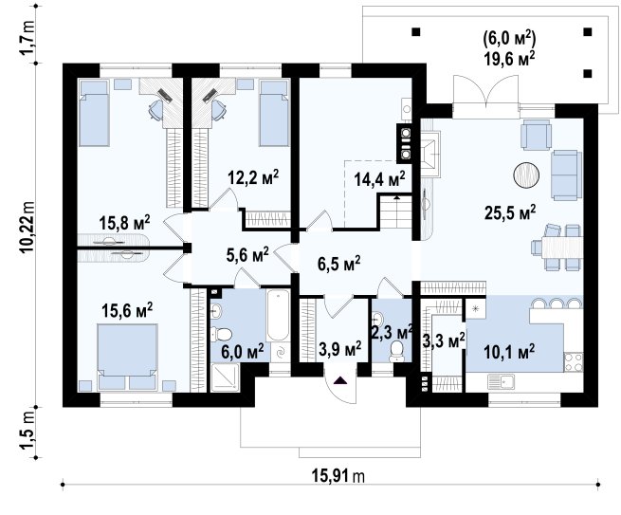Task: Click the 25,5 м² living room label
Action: pyautogui.click(x=510, y=212)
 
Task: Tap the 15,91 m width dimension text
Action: pyautogui.click(x=338, y=476)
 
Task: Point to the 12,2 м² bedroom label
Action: pyautogui.click(x=253, y=177)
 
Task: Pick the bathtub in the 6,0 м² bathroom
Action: pyautogui.click(x=278, y=316)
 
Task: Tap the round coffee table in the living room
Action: pyautogui.click(x=526, y=175)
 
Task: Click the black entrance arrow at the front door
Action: pyautogui.click(x=340, y=380)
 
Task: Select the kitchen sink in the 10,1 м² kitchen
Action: pyautogui.click(x=506, y=382)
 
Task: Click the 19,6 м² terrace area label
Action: pyautogui.click(x=509, y=59)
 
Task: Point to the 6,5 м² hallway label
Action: pyautogui.click(x=339, y=264)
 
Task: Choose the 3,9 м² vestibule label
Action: pyautogui.click(x=339, y=348)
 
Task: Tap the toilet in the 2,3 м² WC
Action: pyautogui.click(x=396, y=351)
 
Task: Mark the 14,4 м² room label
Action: pyautogui.click(x=379, y=179)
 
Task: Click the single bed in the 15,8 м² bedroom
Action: pyautogui.click(x=94, y=113)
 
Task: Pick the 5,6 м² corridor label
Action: pyautogui.click(x=247, y=255)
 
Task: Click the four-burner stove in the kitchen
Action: pyautogui.click(x=573, y=361)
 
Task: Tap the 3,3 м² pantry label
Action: pyautogui.click(x=444, y=340)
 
